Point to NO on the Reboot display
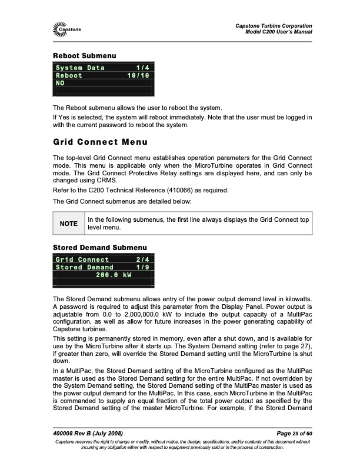60,84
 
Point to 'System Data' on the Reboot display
80,68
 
